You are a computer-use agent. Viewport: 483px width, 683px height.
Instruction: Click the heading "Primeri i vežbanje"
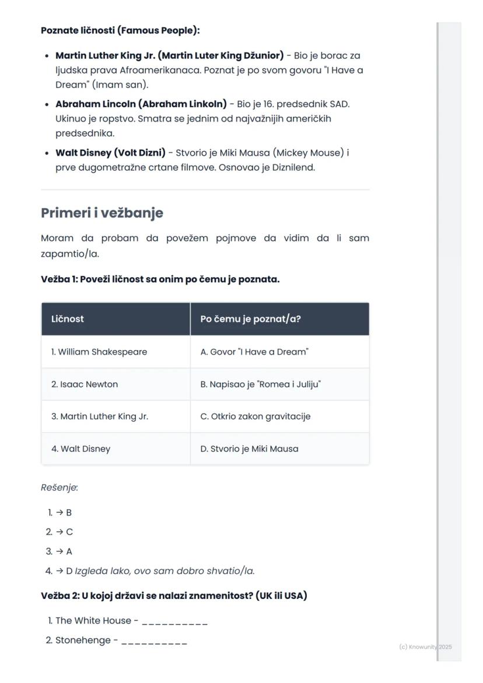click(102, 213)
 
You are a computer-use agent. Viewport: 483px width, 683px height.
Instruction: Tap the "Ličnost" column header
click(68, 319)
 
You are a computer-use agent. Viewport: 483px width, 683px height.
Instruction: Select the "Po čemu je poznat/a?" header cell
click(250, 319)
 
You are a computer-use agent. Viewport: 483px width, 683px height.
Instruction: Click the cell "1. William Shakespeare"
click(99, 352)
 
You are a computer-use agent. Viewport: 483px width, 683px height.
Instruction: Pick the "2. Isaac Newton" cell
click(85, 384)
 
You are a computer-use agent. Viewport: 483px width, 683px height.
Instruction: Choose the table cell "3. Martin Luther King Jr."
click(100, 416)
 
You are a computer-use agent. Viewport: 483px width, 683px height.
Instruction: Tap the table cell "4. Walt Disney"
click(81, 449)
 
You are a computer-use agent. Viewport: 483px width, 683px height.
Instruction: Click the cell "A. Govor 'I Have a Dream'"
click(254, 352)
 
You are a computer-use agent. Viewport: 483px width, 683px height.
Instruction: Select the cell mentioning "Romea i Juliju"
click(261, 384)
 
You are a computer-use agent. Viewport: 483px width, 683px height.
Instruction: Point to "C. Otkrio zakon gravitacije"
click(256, 416)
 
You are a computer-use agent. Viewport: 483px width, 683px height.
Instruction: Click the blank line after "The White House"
click(174, 621)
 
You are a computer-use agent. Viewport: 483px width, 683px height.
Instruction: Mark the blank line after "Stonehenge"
click(154, 641)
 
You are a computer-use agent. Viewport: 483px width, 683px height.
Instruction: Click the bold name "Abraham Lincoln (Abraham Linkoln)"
click(141, 104)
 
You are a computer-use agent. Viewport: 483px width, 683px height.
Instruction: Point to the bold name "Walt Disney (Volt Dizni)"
click(110, 153)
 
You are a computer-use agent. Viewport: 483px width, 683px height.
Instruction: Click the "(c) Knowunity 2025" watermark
click(425, 647)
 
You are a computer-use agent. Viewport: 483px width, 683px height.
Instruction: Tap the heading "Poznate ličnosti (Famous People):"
click(120, 30)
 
